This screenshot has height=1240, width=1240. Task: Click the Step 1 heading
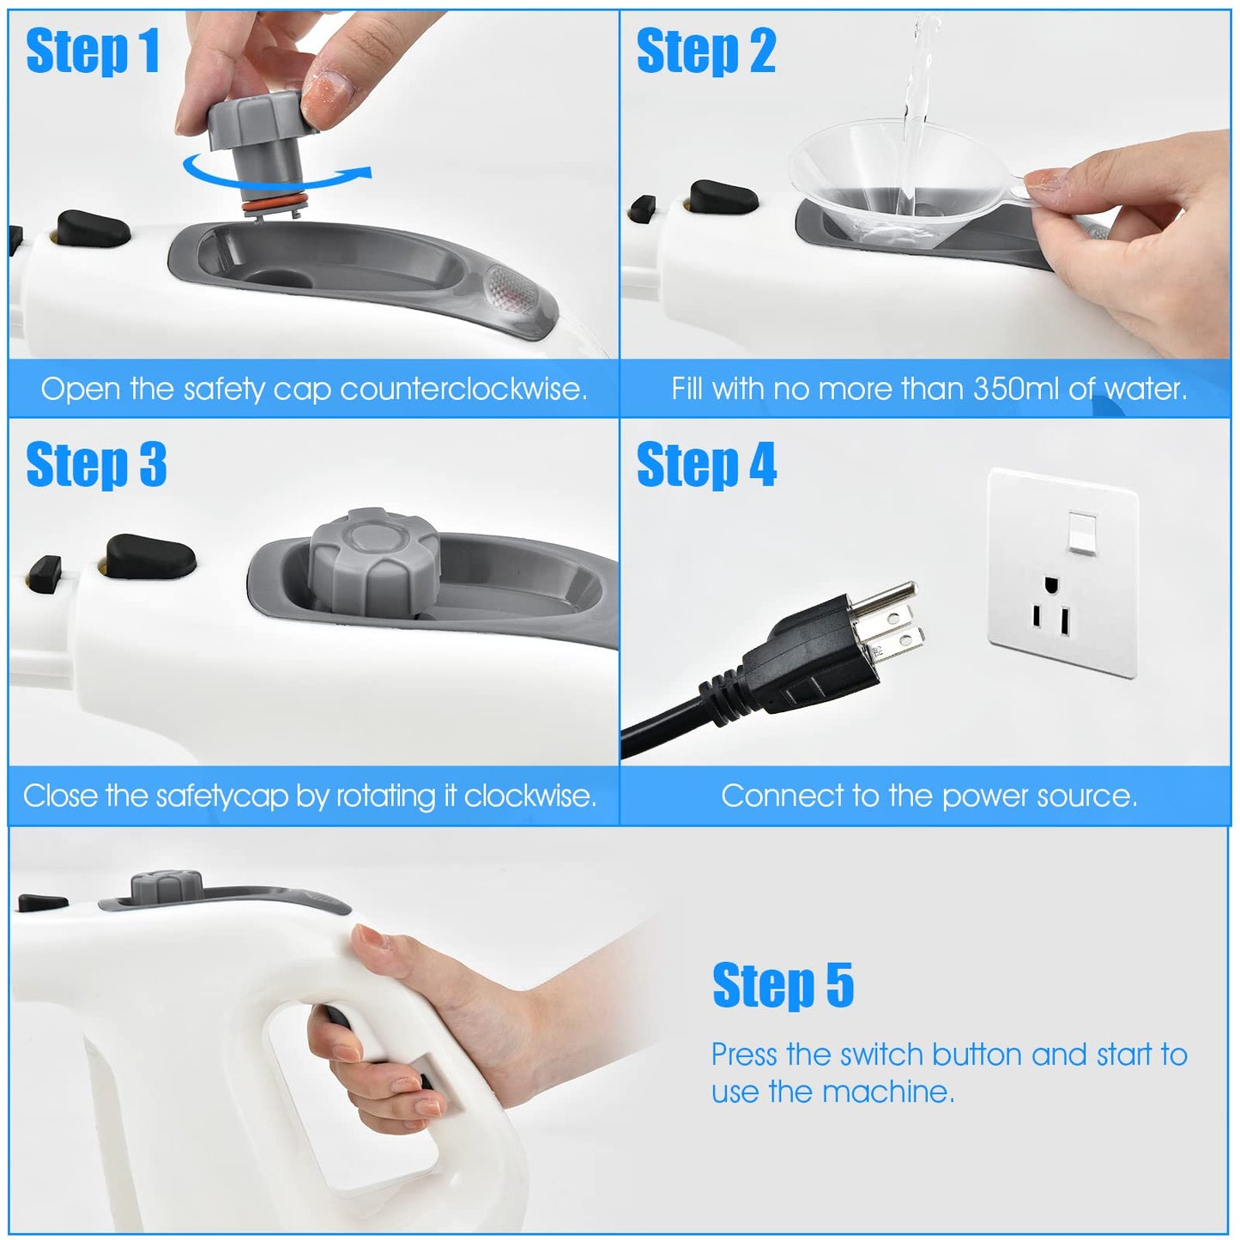coord(93,51)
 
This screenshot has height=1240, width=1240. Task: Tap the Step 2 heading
coord(705,51)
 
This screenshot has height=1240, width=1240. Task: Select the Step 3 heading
coord(96,465)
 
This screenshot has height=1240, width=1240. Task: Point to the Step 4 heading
coord(706,465)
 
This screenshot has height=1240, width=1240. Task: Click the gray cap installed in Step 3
coord(375,560)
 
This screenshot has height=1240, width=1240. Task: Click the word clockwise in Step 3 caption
coord(529,796)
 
